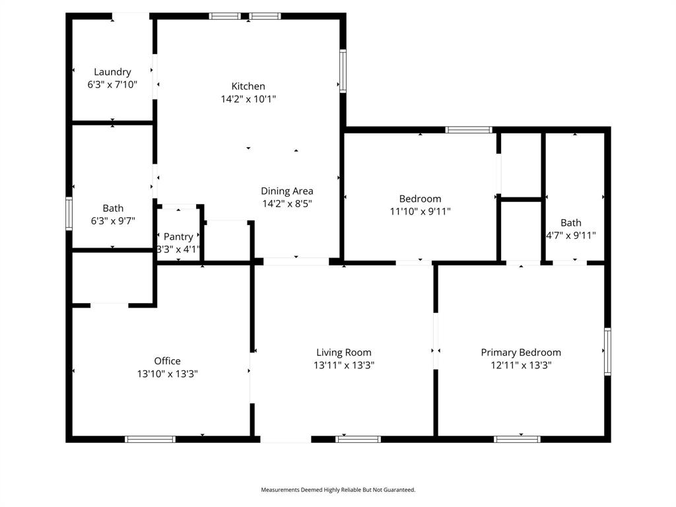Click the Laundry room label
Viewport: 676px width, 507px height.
pyautogui.click(x=112, y=72)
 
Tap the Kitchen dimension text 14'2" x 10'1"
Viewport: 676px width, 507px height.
pyautogui.click(x=248, y=99)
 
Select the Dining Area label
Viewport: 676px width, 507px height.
pyautogui.click(x=287, y=191)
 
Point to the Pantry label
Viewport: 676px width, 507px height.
pyautogui.click(x=178, y=237)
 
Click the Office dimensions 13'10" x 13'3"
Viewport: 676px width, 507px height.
pyautogui.click(x=167, y=374)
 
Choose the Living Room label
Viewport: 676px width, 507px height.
pyautogui.click(x=344, y=353)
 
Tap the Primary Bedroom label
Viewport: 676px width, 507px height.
pyautogui.click(x=522, y=353)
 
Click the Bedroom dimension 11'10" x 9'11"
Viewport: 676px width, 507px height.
pyautogui.click(x=421, y=212)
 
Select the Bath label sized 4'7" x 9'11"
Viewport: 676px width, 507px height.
pyautogui.click(x=571, y=223)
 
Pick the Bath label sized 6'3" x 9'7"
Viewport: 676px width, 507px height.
pyautogui.click(x=113, y=208)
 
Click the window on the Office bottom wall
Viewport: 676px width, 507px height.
pyautogui.click(x=150, y=439)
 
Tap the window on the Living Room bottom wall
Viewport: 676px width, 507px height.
pyautogui.click(x=358, y=439)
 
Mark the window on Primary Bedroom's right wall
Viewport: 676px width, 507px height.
pyautogui.click(x=607, y=351)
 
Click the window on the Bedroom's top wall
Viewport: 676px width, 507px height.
pyautogui.click(x=469, y=130)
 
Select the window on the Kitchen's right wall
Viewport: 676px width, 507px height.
pyautogui.click(x=343, y=71)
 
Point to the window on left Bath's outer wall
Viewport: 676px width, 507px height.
pyautogui.click(x=69, y=213)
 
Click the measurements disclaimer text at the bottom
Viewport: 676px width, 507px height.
pyautogui.click(x=338, y=490)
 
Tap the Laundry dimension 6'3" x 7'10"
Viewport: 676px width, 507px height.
pyautogui.click(x=112, y=84)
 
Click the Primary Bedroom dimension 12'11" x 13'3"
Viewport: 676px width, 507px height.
pyautogui.click(x=522, y=366)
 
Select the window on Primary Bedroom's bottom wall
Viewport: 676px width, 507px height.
pyautogui.click(x=517, y=439)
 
